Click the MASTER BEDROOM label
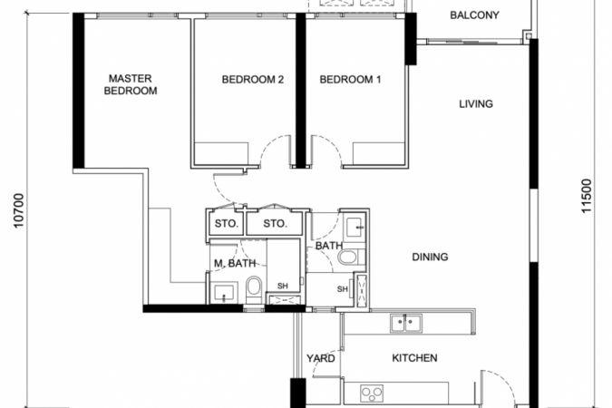pyautogui.click(x=131, y=84)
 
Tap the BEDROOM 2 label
pyautogui.click(x=253, y=80)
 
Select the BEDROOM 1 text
pyautogui.click(x=350, y=80)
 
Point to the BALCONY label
pyautogui.click(x=474, y=15)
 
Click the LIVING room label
pyautogui.click(x=476, y=104)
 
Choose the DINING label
pyautogui.click(x=430, y=257)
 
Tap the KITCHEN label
pyautogui.click(x=414, y=358)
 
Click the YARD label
pyautogui.click(x=320, y=358)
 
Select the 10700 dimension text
pyautogui.click(x=19, y=211)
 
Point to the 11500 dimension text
pyautogui.click(x=587, y=196)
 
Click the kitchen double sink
pyautogui.click(x=406, y=324)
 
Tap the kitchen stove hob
pyautogui.click(x=372, y=393)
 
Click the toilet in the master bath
pyautogui.click(x=254, y=289)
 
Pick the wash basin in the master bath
pyautogui.click(x=224, y=292)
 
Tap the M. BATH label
pyautogui.click(x=235, y=264)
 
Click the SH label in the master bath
pyautogui.click(x=283, y=287)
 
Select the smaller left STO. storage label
pyautogui.click(x=227, y=224)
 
